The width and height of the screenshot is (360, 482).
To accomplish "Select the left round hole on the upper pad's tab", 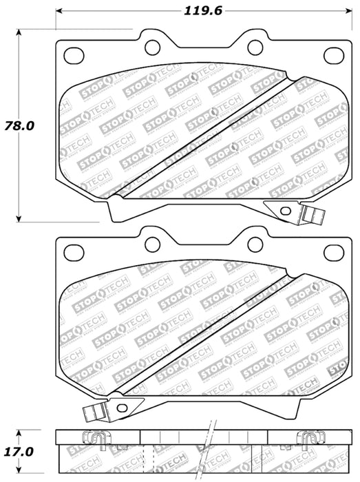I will tap(151, 46).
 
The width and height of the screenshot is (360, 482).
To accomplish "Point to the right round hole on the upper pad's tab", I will tap(255, 46).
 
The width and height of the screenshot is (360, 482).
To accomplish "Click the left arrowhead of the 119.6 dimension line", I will tap(59, 11).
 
